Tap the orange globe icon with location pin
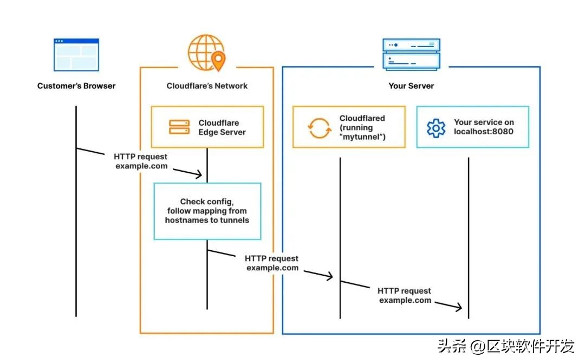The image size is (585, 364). pos(206,53)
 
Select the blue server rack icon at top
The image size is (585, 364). pos(411,54)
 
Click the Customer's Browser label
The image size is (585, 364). pos(76,86)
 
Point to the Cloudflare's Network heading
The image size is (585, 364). pos(207,86)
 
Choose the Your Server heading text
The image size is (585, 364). pos(411,86)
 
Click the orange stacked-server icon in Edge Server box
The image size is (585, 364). pos(179,127)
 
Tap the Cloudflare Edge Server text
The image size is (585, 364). pos(222,127)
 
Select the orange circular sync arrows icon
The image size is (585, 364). pos(318,128)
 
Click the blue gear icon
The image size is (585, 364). pos(436,128)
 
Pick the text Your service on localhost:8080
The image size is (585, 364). pos(484,127)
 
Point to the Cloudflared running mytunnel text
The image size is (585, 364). pos(362,127)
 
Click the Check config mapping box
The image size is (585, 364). pos(207,211)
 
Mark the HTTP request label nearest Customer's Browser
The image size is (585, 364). pos(141,161)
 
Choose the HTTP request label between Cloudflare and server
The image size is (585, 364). pos(272,263)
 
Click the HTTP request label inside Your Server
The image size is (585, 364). pos(405,295)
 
